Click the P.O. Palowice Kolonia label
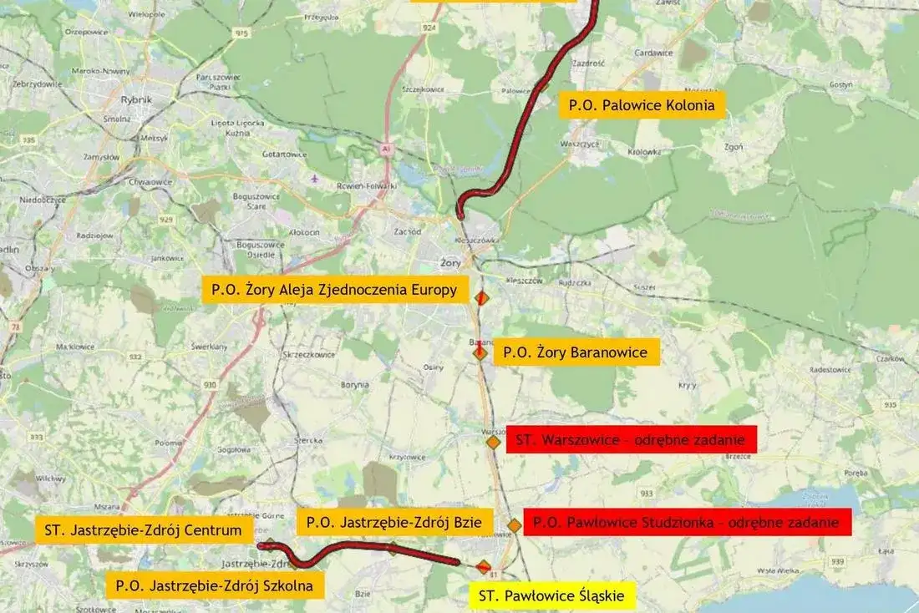click(x=642, y=105)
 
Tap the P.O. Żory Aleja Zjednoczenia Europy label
click(x=334, y=290)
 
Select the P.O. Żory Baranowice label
click(x=576, y=352)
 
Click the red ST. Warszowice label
click(x=631, y=439)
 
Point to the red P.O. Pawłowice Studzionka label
click(x=687, y=523)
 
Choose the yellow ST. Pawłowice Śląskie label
click(x=552, y=596)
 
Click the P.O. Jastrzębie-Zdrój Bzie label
click(x=394, y=523)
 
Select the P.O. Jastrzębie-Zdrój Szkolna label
click(x=215, y=585)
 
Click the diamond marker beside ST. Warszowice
click(x=494, y=442)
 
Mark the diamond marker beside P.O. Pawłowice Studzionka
click(x=515, y=525)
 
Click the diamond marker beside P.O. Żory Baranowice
click(x=480, y=353)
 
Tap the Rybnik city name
click(x=137, y=99)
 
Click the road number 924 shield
click(x=430, y=28)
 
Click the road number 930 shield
click(x=210, y=385)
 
